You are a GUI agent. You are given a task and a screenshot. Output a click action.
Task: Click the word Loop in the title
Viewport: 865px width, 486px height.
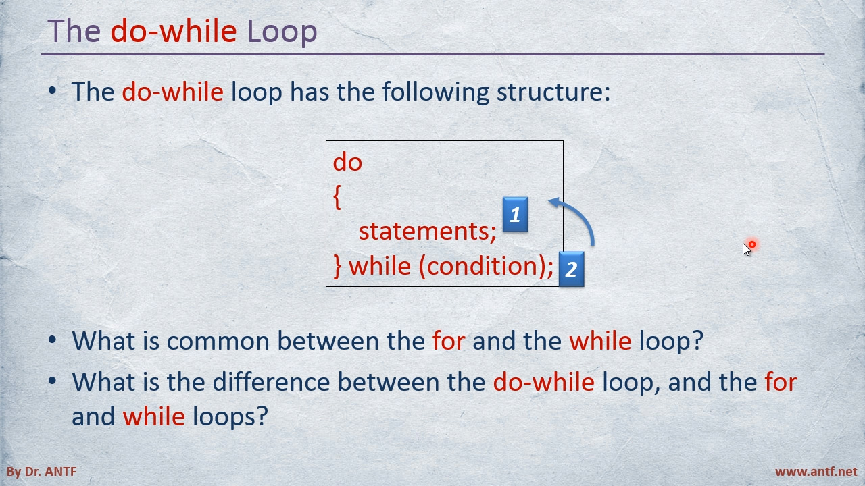(x=282, y=31)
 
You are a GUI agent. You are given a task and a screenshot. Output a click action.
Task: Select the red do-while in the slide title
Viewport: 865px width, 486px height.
(x=174, y=30)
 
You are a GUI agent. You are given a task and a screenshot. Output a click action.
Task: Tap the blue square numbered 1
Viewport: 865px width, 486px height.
(x=515, y=215)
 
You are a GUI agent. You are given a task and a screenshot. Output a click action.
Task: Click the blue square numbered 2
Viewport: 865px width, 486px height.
(x=572, y=269)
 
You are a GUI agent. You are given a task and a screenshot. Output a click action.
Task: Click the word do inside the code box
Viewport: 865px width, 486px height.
(x=347, y=162)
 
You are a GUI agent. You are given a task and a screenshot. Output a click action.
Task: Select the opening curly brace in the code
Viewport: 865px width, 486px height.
(x=337, y=196)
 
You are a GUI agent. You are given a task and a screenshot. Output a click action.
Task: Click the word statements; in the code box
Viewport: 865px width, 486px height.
(x=428, y=232)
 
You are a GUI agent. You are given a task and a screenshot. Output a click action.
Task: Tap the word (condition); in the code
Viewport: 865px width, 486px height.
(x=487, y=266)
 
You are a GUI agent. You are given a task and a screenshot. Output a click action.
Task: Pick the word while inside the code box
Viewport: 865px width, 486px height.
(x=380, y=266)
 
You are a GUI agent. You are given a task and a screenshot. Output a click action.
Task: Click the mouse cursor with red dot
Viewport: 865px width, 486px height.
(x=748, y=248)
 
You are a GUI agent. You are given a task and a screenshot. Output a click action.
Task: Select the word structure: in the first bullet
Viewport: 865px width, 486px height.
(x=553, y=92)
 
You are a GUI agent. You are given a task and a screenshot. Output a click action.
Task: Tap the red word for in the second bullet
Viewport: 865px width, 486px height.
(x=448, y=341)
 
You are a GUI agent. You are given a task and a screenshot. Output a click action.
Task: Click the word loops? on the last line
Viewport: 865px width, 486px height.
(x=230, y=416)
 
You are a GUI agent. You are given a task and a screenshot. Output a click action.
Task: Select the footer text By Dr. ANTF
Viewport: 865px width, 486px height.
(x=42, y=472)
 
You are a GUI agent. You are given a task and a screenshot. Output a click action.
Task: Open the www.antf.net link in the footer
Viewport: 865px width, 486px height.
(x=816, y=472)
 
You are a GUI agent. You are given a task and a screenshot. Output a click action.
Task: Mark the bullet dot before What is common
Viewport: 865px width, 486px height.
(x=52, y=340)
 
